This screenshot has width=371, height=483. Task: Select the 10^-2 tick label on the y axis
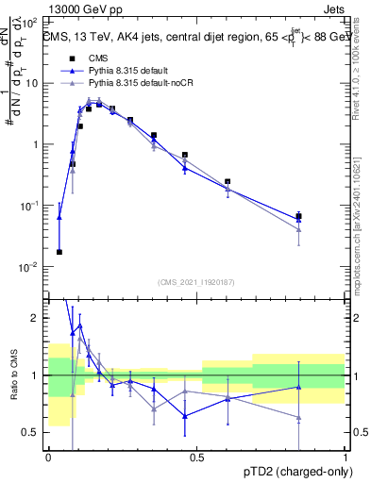coord(30,267)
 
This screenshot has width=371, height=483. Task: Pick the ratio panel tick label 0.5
coord(34,432)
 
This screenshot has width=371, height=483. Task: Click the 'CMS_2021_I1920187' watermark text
coord(195,281)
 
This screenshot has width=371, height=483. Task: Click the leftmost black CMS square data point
coord(59,252)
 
